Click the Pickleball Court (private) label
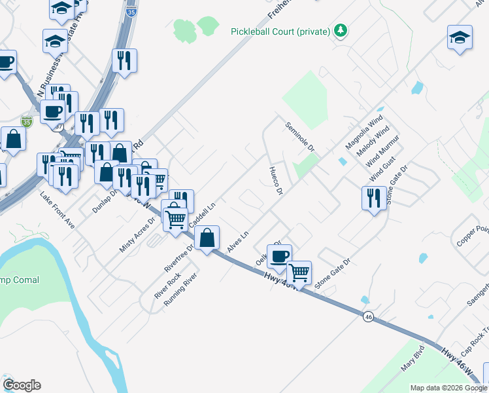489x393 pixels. [x=280, y=31]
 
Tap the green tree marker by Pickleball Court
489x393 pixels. [x=340, y=30]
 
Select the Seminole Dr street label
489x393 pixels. [x=300, y=138]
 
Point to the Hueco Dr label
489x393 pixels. [x=275, y=181]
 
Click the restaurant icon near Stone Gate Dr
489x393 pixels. [x=373, y=197]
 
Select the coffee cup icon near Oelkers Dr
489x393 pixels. [x=279, y=256]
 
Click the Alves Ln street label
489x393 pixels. [x=239, y=243]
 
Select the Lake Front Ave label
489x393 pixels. [x=58, y=210]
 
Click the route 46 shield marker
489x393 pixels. [x=369, y=316]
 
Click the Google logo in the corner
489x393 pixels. [x=22, y=385]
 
